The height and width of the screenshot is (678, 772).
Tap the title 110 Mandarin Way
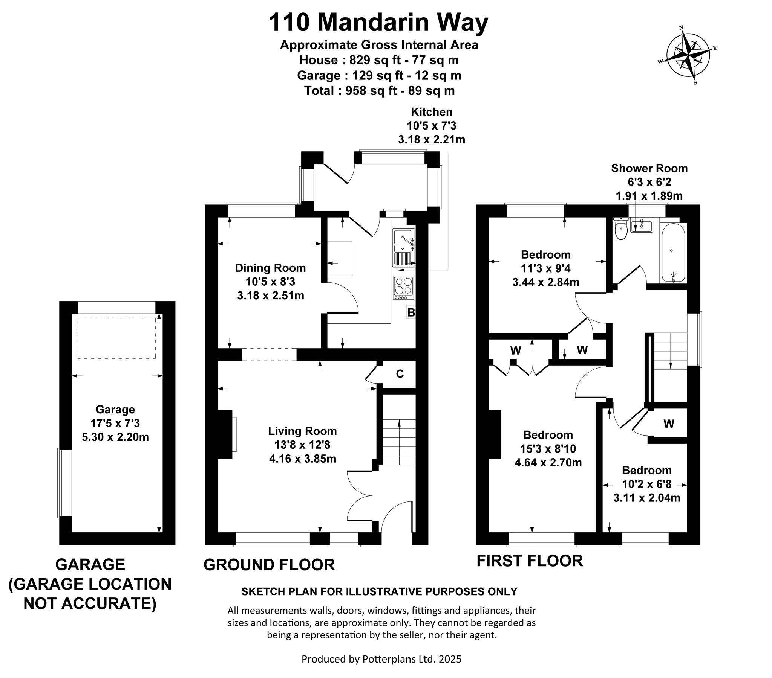tap(378, 23)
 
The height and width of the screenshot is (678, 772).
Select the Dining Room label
tap(270, 268)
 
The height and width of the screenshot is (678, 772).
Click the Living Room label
tap(303, 431)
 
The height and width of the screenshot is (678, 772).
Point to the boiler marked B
tap(411, 312)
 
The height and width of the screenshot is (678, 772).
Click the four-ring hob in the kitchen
tap(404, 288)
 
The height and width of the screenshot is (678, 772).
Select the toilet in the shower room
tap(621, 229)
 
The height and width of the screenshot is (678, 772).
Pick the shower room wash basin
tap(641, 226)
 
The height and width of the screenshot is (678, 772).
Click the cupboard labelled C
tap(400, 374)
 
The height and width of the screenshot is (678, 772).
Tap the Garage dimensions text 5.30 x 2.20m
tap(115, 437)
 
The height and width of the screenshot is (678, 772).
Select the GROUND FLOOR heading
tap(269, 565)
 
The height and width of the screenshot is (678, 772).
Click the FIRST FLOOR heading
tap(530, 561)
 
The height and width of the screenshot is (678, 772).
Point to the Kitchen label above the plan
tap(432, 112)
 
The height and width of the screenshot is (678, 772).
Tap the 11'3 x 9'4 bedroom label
tap(546, 268)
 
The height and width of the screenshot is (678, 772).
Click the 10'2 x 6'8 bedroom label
tap(647, 484)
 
